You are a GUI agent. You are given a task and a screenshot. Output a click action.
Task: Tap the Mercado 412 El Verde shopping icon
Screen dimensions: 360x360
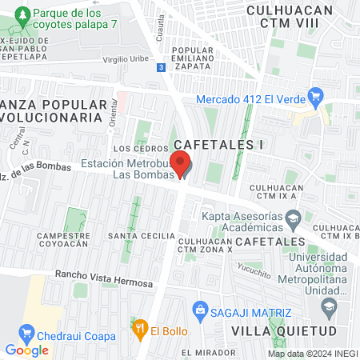(318, 100)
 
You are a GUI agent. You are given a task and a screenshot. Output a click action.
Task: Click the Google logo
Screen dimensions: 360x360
(26, 350)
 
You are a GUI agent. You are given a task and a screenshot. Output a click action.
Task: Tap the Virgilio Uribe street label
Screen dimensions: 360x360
(126, 60)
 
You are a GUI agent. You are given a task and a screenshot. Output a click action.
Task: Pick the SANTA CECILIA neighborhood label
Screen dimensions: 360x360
(141, 235)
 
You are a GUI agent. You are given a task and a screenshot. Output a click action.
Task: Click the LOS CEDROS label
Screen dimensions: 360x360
(132, 149)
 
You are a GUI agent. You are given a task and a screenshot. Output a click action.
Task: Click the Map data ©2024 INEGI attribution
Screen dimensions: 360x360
(313, 354)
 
